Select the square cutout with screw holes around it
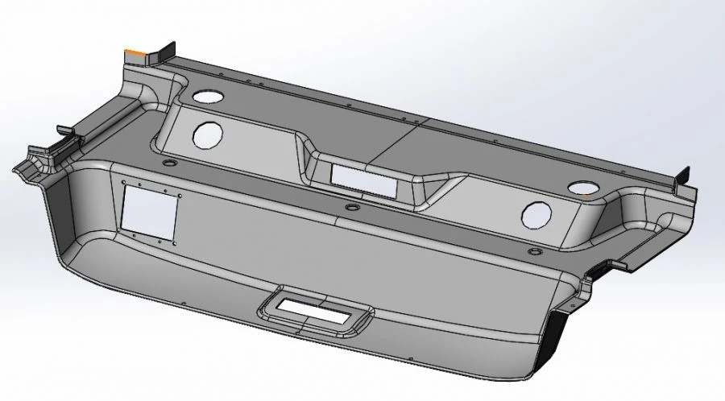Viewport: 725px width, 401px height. (x=149, y=213)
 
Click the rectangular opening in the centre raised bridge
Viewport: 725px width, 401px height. (x=363, y=176)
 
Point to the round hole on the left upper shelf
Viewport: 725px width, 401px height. (x=208, y=96)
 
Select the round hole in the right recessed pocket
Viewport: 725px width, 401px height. (x=536, y=214)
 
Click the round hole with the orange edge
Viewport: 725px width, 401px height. (x=582, y=188)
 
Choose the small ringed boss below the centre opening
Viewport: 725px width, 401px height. (x=350, y=207)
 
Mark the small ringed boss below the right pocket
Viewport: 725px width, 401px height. (x=532, y=251)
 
